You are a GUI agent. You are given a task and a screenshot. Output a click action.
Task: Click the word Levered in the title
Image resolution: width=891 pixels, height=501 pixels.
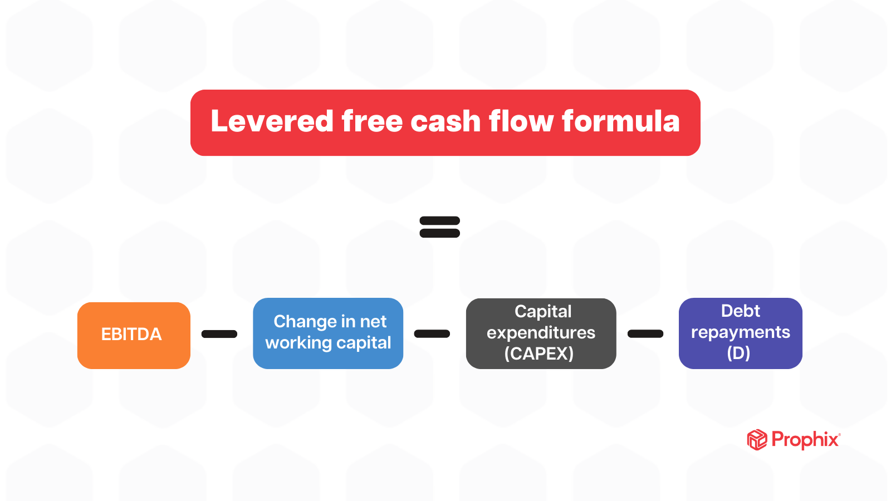pyautogui.click(x=272, y=121)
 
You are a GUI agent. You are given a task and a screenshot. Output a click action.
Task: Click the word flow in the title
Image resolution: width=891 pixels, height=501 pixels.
pyautogui.click(x=521, y=121)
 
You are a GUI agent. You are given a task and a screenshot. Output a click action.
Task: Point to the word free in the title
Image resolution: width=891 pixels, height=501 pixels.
pyautogui.click(x=371, y=121)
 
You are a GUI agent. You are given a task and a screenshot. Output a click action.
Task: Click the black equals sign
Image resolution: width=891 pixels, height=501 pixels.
pyautogui.click(x=439, y=227)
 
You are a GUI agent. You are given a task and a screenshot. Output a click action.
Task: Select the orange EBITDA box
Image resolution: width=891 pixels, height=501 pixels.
pyautogui.click(x=134, y=335)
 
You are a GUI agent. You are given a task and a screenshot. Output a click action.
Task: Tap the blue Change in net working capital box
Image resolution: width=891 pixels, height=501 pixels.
pyautogui.click(x=328, y=333)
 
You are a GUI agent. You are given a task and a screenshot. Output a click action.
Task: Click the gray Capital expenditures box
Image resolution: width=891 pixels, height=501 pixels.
pyautogui.click(x=541, y=333)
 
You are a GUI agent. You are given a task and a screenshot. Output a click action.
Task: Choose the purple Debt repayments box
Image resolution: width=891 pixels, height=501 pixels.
pyautogui.click(x=740, y=333)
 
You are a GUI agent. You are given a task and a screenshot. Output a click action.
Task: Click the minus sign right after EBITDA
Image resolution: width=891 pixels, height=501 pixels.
pyautogui.click(x=219, y=334)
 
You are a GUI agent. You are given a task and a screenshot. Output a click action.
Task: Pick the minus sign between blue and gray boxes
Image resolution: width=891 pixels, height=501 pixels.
pyautogui.click(x=432, y=334)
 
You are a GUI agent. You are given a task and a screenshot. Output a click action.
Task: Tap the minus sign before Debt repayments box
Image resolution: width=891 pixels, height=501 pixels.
pyautogui.click(x=645, y=334)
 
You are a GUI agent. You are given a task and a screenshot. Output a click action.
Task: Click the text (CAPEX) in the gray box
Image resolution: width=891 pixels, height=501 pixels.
pyautogui.click(x=538, y=353)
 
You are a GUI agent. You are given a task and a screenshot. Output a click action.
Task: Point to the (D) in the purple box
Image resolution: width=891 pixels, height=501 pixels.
pyautogui.click(x=738, y=353)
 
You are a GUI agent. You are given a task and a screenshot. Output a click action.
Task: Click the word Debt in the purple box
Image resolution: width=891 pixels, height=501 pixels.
pyautogui.click(x=740, y=311)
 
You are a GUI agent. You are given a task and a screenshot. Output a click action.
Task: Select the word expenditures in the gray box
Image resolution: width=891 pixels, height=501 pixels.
pyautogui.click(x=541, y=333)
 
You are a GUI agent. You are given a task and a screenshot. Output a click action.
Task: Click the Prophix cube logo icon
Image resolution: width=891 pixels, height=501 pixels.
pyautogui.click(x=757, y=440)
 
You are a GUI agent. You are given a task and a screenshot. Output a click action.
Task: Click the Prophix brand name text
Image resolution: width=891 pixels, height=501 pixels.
pyautogui.click(x=805, y=440)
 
